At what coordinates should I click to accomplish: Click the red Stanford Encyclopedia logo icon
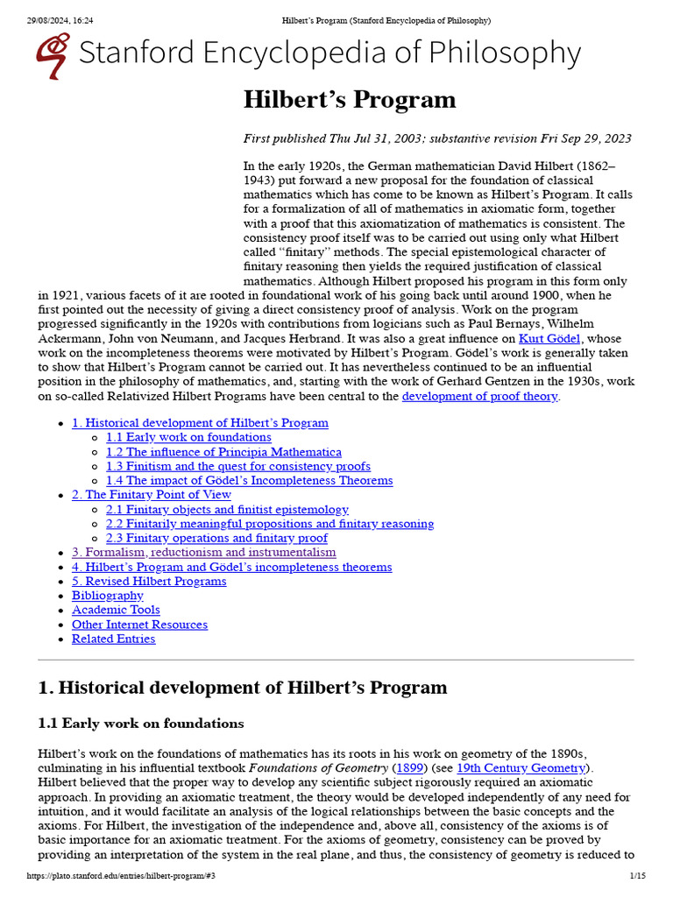53,55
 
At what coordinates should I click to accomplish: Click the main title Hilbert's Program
350,100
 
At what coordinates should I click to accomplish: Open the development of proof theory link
479,396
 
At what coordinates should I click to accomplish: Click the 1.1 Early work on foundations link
188,437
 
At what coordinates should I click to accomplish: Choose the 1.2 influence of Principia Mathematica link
223,452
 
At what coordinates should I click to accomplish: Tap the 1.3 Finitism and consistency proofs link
237,466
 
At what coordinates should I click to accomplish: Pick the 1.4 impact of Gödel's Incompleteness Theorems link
249,481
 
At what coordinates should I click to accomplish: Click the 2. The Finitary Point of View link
151,495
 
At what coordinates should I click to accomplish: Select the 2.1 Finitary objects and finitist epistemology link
227,510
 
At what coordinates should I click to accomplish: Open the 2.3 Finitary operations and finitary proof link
216,538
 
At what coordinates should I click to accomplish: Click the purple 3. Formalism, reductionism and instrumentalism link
203,553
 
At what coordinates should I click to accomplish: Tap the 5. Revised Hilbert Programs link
149,582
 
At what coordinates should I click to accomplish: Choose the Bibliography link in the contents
107,596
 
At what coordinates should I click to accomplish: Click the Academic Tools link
116,610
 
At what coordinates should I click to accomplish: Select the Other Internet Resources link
139,625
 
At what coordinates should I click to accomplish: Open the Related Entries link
113,639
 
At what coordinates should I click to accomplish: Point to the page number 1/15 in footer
637,876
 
